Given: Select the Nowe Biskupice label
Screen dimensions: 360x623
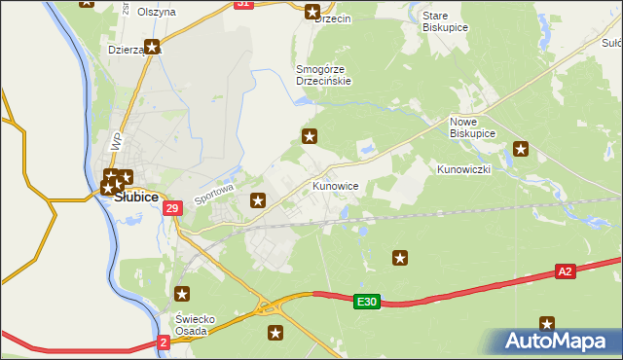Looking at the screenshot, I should point(472,126).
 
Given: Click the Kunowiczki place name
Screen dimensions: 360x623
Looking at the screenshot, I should point(463,169).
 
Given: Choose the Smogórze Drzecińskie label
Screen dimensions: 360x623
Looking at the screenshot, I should point(324,75).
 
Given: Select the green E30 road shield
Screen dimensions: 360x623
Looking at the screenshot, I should point(366,303).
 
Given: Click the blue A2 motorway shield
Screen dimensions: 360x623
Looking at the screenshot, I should point(566,271).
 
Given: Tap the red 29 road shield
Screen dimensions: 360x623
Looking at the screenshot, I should point(172,208).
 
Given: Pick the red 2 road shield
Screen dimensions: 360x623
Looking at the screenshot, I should point(163,342).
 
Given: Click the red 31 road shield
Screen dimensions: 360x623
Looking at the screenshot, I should point(243,4).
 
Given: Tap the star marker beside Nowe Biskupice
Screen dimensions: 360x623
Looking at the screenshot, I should point(521,149).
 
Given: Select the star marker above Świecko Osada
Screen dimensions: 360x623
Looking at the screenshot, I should point(181,293).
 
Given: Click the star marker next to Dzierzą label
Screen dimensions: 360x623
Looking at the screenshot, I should point(152,46).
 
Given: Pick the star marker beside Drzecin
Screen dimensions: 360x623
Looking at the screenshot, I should point(312,12).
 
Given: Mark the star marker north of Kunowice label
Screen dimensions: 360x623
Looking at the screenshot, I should point(310,135).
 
